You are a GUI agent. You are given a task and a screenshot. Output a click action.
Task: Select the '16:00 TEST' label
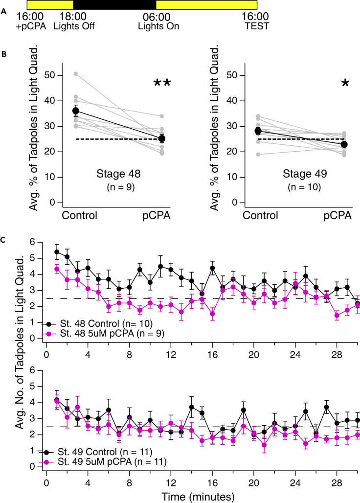pyautogui.click(x=257, y=21)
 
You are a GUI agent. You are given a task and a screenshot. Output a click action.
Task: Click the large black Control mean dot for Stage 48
pyautogui.click(x=76, y=111)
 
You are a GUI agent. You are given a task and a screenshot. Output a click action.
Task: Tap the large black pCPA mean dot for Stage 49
pyautogui.click(x=345, y=144)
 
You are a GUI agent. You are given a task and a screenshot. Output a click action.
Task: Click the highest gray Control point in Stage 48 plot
pyautogui.click(x=76, y=74)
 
